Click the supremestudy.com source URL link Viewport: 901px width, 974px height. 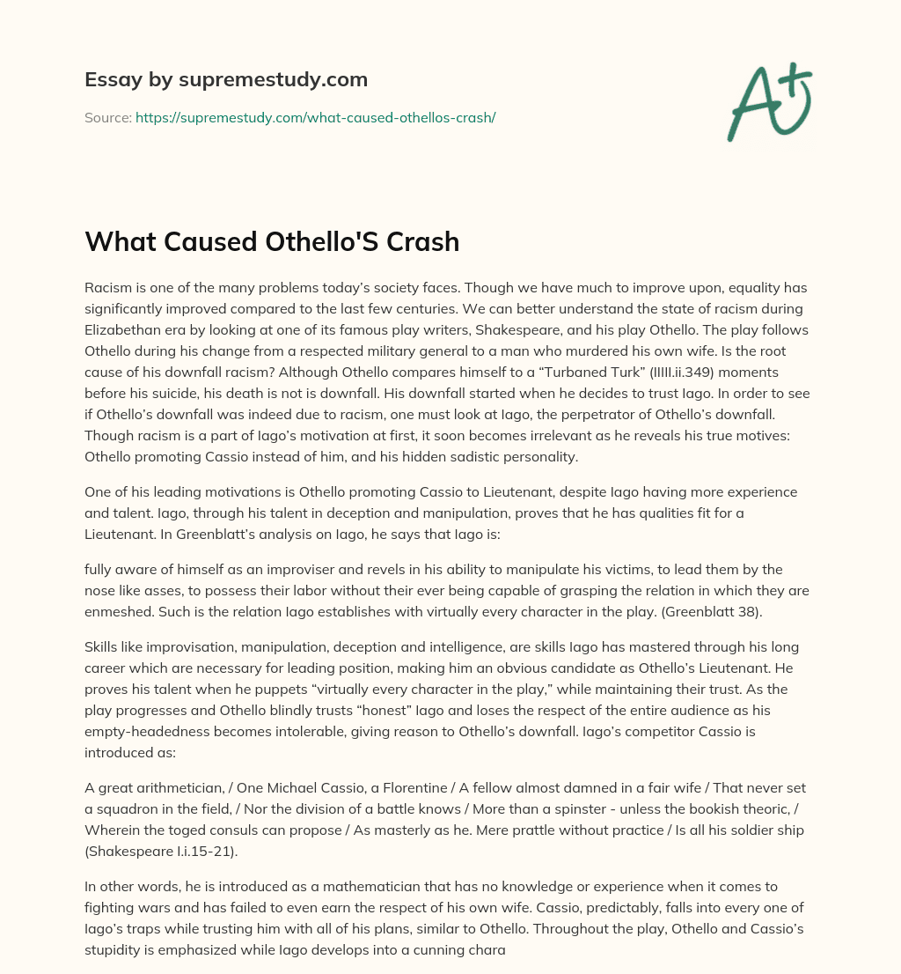click(x=315, y=117)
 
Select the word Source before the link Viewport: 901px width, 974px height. click(x=107, y=117)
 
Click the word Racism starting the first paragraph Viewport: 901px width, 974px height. click(x=110, y=287)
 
